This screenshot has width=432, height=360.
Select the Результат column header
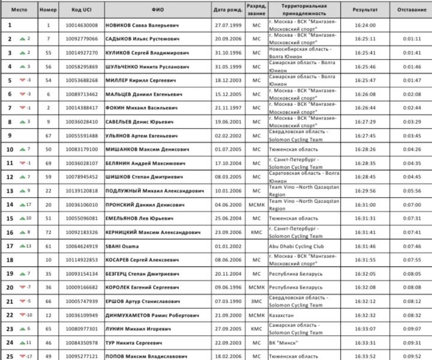365,10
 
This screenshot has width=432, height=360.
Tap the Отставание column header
410,10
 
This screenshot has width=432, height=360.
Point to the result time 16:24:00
365,26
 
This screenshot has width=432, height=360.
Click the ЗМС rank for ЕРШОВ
257,301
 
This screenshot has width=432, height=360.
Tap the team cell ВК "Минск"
283,342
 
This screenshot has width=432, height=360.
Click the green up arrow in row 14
22,204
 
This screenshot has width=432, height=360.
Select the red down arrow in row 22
22,314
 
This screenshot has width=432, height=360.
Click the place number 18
10,259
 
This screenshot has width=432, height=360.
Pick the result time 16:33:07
365,328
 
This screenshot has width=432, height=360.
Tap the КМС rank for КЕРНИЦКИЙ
257,232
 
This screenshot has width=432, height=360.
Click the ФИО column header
158,10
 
